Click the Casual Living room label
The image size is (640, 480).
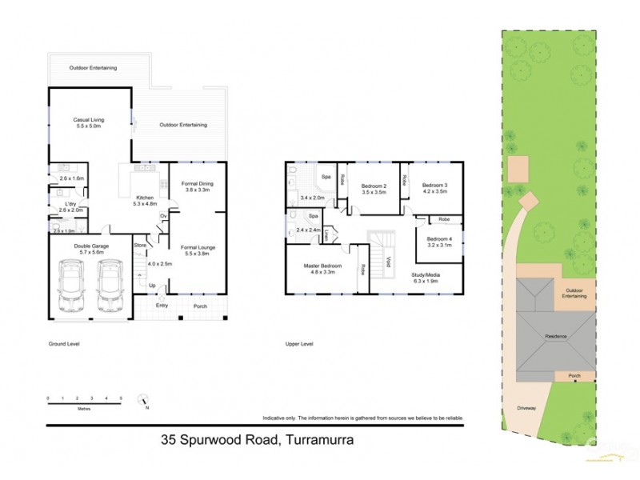pos(90,120)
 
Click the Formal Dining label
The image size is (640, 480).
pos(196,183)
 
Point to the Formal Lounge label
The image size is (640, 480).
pos(198,247)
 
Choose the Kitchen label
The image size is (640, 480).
pos(145,198)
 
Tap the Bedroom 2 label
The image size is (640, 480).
pos(374,186)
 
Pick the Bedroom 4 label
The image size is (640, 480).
pos(439,239)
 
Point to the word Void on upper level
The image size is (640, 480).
pos(388,262)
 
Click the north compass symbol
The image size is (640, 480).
pos(143,398)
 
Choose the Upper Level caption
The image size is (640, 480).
pos(299,344)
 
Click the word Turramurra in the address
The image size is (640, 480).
pos(310,439)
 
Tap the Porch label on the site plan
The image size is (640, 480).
pos(574,374)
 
